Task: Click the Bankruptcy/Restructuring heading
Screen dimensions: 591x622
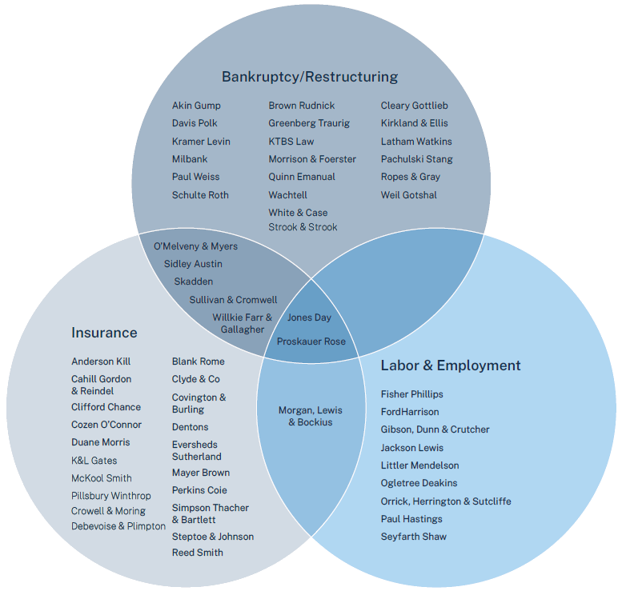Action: [309, 77]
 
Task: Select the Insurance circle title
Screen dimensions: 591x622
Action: [104, 333]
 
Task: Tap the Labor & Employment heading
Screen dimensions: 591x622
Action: [450, 365]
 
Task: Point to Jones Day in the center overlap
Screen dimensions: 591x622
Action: [309, 317]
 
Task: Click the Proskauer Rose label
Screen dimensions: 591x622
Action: [311, 341]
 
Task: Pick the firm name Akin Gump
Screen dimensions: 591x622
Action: [196, 106]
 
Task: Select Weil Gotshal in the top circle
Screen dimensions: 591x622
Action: [408, 195]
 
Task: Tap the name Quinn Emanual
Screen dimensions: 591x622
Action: [302, 177]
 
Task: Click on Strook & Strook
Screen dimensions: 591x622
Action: [303, 227]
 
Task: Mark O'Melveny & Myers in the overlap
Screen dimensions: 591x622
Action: [195, 246]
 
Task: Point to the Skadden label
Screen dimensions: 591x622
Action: [194, 282]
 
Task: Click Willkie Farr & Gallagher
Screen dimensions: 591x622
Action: [242, 323]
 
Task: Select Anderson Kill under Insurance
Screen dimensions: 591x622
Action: [101, 361]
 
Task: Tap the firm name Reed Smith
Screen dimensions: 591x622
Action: [197, 553]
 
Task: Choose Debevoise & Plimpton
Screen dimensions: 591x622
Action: [118, 526]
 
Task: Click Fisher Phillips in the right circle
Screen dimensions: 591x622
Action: [411, 394]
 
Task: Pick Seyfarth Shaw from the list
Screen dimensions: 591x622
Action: [413, 537]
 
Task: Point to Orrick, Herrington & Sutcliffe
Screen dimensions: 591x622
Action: [445, 501]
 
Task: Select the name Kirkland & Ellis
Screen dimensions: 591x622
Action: [414, 123]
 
